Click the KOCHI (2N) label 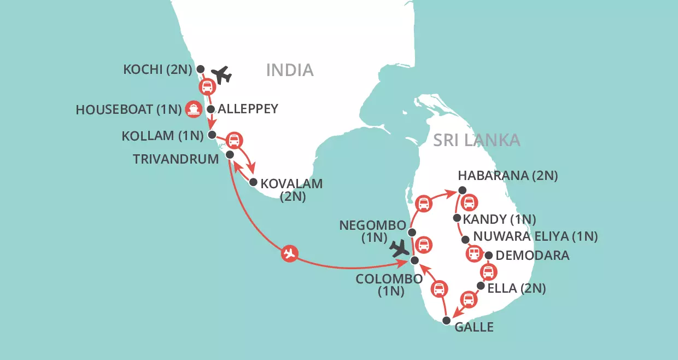click(158, 69)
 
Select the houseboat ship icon click(193, 109)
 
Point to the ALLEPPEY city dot click(211, 109)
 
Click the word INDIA click(290, 70)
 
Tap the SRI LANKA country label click(476, 140)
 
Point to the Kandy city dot click(457, 218)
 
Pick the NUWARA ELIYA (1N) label click(535, 237)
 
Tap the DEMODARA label click(533, 256)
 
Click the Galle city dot click(446, 321)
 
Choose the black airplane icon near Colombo click(400, 248)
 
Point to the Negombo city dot click(413, 233)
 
